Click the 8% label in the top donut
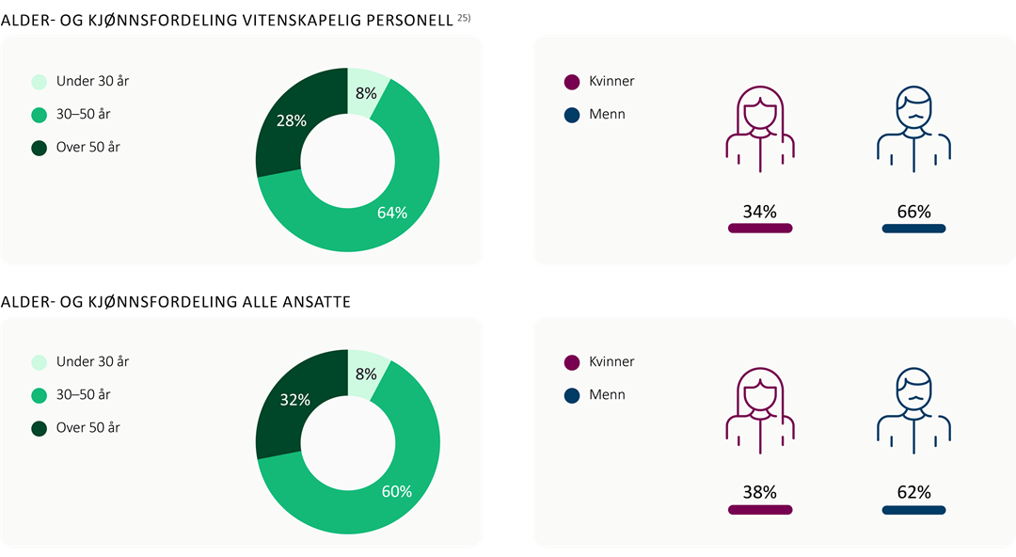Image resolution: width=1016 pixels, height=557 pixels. pyautogui.click(x=366, y=93)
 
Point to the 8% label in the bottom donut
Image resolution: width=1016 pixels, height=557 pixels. pyautogui.click(x=366, y=374)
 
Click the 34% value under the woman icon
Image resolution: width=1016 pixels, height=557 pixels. pyautogui.click(x=759, y=212)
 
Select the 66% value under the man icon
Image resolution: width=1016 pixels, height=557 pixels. pyautogui.click(x=913, y=212)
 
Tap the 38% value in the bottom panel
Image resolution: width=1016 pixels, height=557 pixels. pyautogui.click(x=759, y=492)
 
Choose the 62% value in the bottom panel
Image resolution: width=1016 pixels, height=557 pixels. pyautogui.click(x=913, y=492)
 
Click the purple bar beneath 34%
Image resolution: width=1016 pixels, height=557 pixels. pyautogui.click(x=759, y=229)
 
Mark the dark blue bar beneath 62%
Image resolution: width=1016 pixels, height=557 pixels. pyautogui.click(x=913, y=509)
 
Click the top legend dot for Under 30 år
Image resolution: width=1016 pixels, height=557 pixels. pyautogui.click(x=39, y=82)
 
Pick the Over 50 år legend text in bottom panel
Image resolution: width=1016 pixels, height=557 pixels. pyautogui.click(x=88, y=427)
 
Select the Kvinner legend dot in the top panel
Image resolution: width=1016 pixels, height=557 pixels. pyautogui.click(x=571, y=82)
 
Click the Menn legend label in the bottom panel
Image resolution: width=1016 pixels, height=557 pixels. pyautogui.click(x=607, y=394)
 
